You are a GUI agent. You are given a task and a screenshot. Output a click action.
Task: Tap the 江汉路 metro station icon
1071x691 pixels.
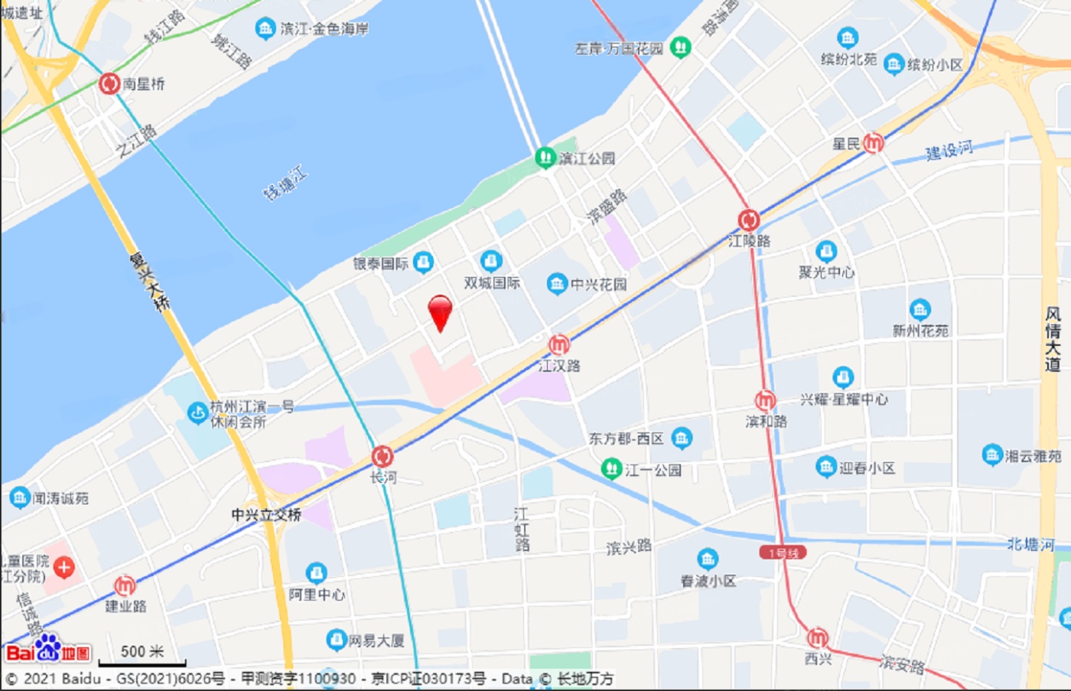pyautogui.click(x=559, y=344)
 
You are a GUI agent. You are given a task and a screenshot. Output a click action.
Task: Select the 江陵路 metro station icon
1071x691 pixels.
pyautogui.click(x=749, y=220)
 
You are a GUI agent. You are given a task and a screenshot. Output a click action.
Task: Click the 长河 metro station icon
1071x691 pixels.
pyautogui.click(x=382, y=457)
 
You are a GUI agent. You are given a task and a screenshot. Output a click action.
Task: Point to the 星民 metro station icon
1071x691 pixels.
pyautogui.click(x=873, y=142)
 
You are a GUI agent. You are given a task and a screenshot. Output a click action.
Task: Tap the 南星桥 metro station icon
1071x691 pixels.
pyautogui.click(x=109, y=83)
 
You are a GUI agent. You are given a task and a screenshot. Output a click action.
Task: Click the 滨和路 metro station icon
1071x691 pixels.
pyautogui.click(x=765, y=400)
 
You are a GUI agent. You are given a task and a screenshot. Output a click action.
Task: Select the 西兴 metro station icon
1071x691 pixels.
pyautogui.click(x=818, y=637)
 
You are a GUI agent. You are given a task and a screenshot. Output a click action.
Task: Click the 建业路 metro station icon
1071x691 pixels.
pyautogui.click(x=125, y=586)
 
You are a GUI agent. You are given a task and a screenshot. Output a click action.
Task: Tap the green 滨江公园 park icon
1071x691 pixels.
pyautogui.click(x=545, y=158)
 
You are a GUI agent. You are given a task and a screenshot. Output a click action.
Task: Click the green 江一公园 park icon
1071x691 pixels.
pyautogui.click(x=611, y=468)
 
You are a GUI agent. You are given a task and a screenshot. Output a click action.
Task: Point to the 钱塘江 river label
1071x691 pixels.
pyautogui.click(x=285, y=184)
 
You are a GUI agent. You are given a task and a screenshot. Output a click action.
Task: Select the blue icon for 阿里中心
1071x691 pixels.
pyautogui.click(x=316, y=573)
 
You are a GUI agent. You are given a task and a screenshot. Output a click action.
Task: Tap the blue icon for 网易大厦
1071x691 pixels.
pyautogui.click(x=336, y=640)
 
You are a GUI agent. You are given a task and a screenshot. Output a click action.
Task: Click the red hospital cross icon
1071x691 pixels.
pyautogui.click(x=63, y=567)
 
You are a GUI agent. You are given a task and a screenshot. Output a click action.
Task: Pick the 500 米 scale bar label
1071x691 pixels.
pyautogui.click(x=142, y=651)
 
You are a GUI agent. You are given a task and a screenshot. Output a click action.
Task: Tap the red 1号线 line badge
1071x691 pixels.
pyautogui.click(x=783, y=552)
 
